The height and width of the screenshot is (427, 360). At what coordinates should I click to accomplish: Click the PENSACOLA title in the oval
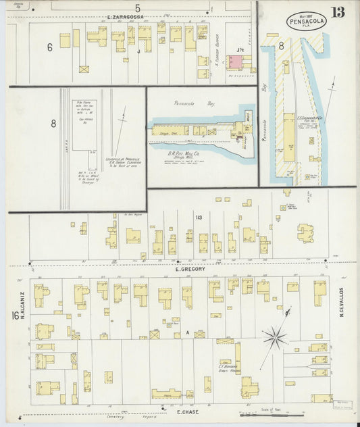(305, 22)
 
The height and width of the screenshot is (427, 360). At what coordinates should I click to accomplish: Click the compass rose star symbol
(275, 335)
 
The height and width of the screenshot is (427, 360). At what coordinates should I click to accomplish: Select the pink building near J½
(234, 62)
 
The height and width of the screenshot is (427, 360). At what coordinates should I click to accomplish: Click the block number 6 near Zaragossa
(49, 47)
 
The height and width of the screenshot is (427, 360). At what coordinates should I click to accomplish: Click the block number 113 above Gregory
(199, 218)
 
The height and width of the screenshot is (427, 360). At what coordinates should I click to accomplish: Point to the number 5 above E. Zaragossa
(137, 7)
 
